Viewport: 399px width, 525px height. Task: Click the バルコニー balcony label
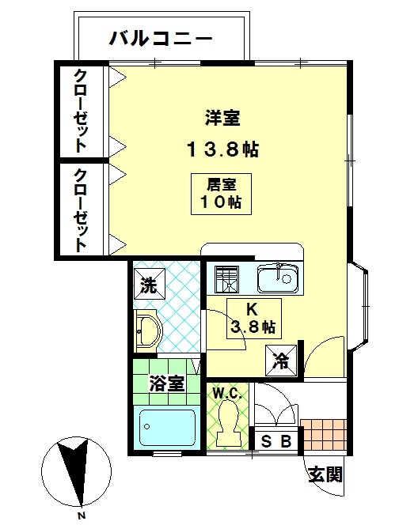point(161,39)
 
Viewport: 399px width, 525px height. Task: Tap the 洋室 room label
point(222,118)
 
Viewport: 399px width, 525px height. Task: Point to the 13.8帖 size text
point(222,149)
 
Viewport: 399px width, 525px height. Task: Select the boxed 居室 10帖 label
point(222,194)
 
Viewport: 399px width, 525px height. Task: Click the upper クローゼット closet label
point(80,111)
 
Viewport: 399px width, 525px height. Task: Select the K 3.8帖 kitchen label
point(254,319)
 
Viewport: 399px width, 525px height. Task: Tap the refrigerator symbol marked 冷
point(281,361)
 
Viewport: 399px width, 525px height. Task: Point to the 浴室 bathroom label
point(166,383)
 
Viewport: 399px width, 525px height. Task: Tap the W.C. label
point(228,394)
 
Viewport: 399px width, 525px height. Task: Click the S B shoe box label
point(275,441)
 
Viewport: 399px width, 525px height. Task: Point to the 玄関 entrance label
point(325,474)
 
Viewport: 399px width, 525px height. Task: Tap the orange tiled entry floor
point(323,435)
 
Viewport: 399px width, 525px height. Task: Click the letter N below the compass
point(81,515)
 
